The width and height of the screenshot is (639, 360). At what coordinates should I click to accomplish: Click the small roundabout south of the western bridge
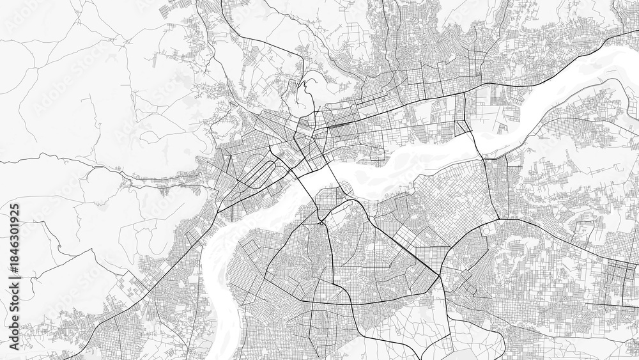[x=321, y=222]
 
